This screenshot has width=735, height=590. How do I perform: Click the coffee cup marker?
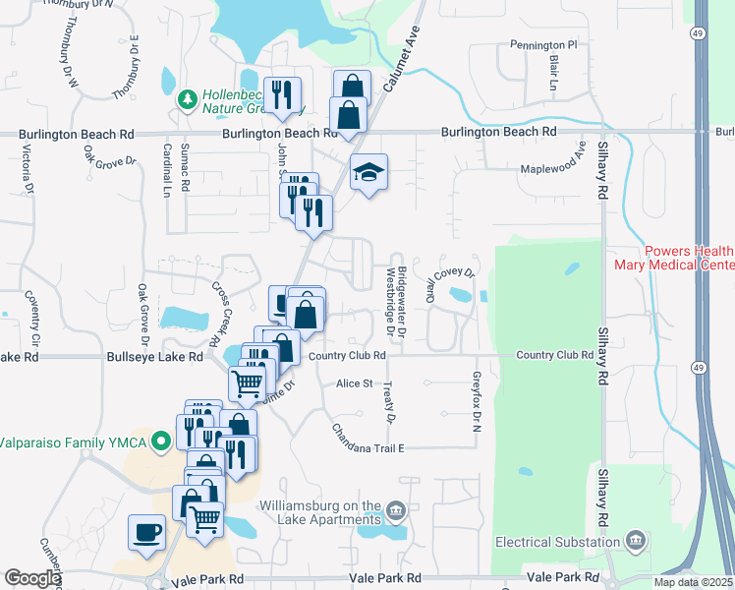(x=147, y=532)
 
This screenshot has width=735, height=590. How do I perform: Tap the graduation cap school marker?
(x=368, y=172)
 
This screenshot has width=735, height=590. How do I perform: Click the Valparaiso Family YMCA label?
(x=70, y=442)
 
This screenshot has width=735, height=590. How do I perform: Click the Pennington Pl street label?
(x=543, y=45)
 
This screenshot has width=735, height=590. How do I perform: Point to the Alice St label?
(x=355, y=383)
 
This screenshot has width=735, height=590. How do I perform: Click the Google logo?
(x=32, y=578)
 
